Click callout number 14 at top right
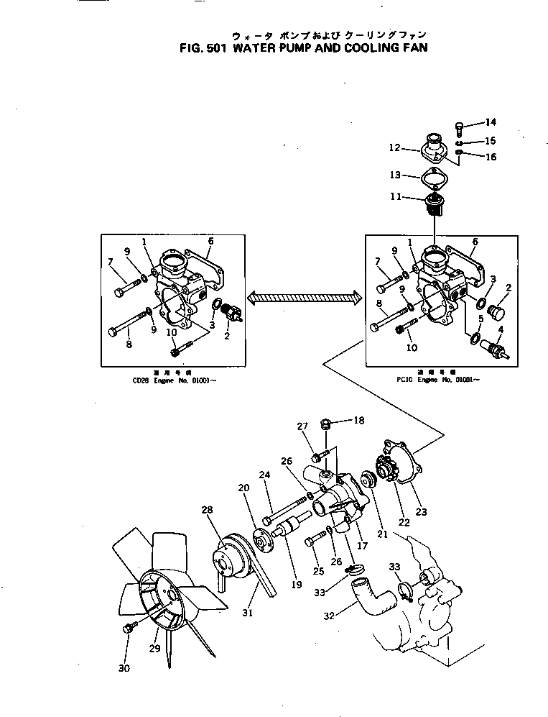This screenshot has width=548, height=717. (491, 122)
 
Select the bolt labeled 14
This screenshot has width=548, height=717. (460, 128)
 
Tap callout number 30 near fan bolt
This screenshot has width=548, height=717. (123, 667)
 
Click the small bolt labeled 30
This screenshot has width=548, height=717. (131, 626)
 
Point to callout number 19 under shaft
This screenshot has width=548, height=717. (295, 585)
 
